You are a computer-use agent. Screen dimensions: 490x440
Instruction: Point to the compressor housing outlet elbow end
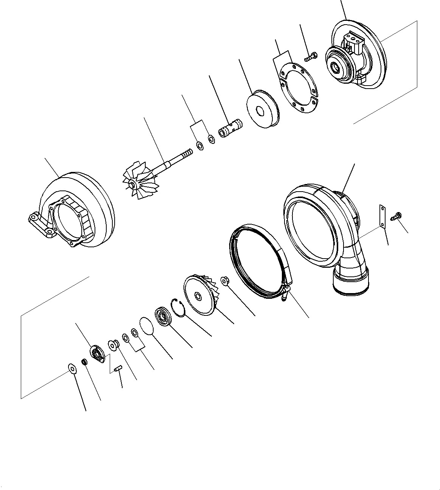(350, 282)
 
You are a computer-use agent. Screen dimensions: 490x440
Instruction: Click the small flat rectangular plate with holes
(383, 217)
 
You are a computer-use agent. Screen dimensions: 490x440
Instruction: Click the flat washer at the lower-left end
(71, 368)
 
